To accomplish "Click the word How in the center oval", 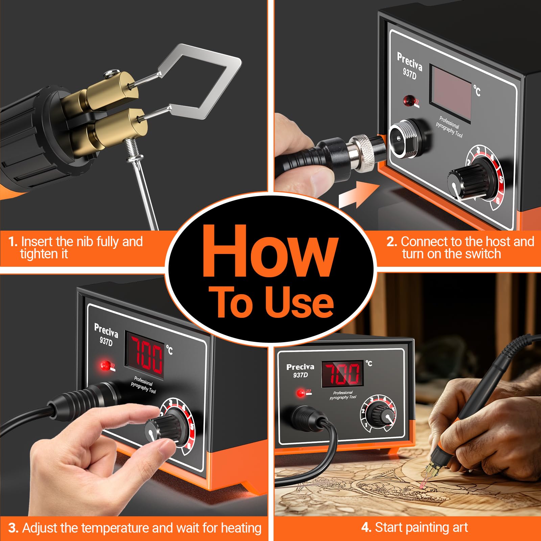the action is (x=270, y=252).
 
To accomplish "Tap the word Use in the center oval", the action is (x=299, y=302).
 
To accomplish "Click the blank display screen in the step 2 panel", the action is (x=451, y=93).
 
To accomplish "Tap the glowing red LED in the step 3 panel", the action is (x=105, y=365).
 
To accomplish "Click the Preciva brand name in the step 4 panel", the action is (x=300, y=367).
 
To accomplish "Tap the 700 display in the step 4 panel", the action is (x=343, y=374).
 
